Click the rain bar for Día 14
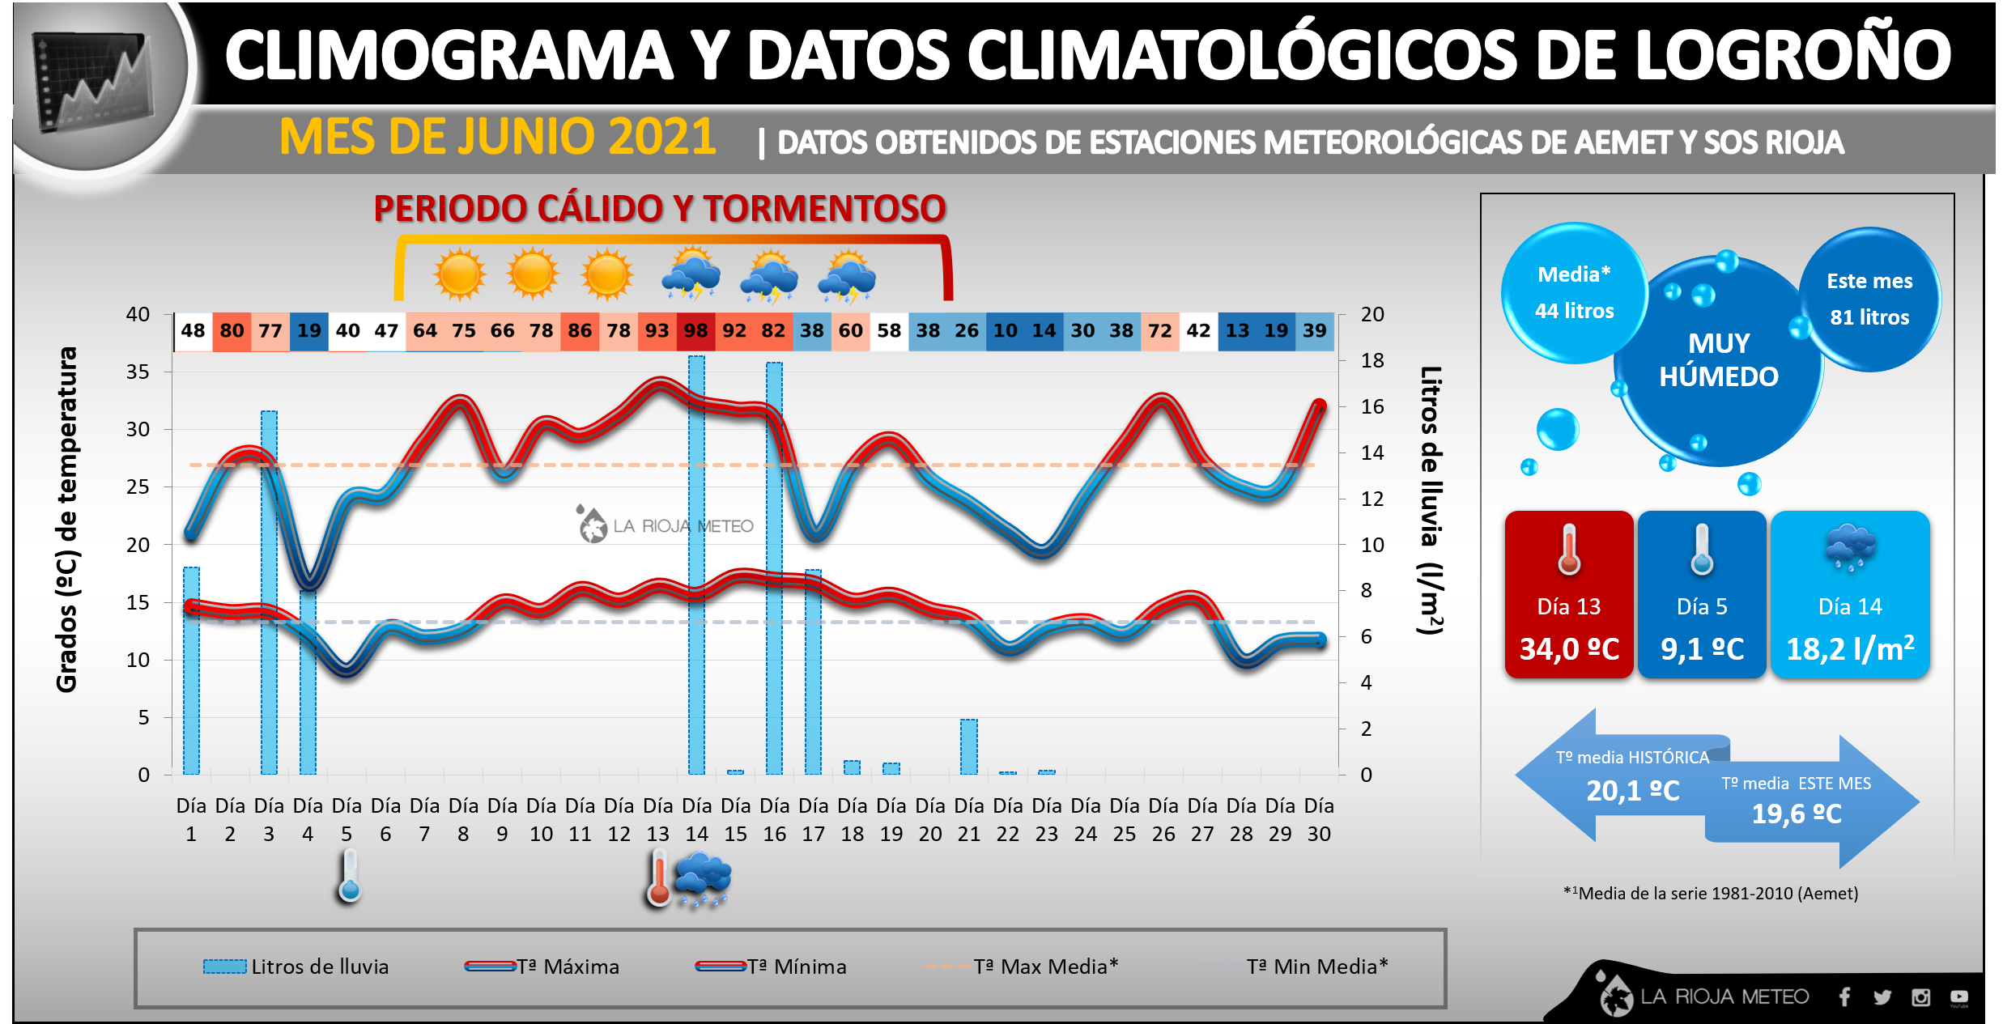pos(696,567)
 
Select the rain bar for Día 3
pos(269,591)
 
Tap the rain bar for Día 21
pos(969,746)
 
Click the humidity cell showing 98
pos(695,331)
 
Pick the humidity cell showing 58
pos(889,331)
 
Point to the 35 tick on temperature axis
pos(138,372)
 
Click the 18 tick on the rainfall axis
pos(1372,360)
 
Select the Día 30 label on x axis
pos(1319,819)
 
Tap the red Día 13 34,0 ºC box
pos(1569,595)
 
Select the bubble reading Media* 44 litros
pos(1574,292)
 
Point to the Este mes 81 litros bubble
pos(1869,299)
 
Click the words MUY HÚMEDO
pos(1719,360)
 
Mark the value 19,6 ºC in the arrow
pos(1797,814)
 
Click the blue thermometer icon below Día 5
pos(350,877)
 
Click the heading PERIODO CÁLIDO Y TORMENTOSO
pos(659,209)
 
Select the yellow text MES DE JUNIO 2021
pos(497,137)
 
